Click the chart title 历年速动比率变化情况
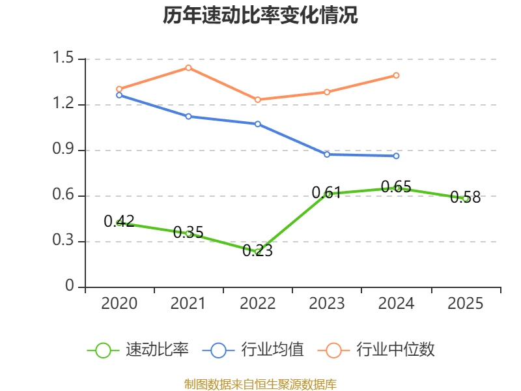point(260,16)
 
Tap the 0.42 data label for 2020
point(119,221)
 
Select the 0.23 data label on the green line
point(258,250)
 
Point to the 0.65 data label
point(396,187)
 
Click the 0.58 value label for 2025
point(465,197)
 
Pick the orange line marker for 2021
point(188,68)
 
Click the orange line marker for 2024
point(396,76)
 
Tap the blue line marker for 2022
point(258,124)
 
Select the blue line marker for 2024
point(396,156)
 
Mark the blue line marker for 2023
point(327,154)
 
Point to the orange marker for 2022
point(258,100)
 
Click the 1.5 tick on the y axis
point(65,59)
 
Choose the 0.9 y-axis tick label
point(65,150)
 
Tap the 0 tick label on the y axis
point(70,287)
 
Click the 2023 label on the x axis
point(327,304)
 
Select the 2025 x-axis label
point(465,304)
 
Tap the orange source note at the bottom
point(260,384)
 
